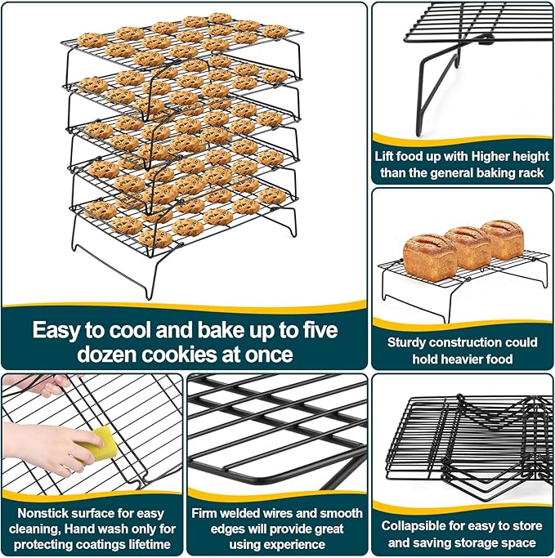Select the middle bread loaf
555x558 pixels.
468,247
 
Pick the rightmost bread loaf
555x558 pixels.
502,238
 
